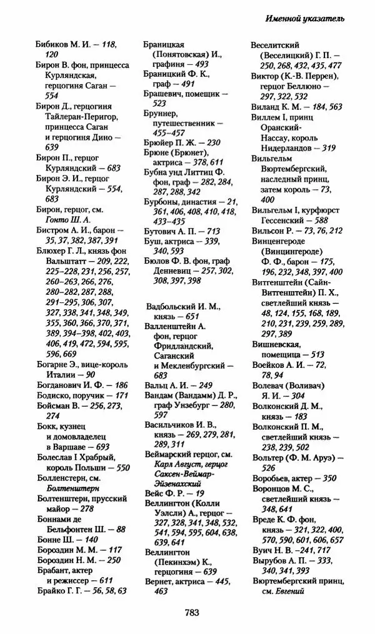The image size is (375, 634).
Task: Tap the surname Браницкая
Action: coord(164,46)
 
